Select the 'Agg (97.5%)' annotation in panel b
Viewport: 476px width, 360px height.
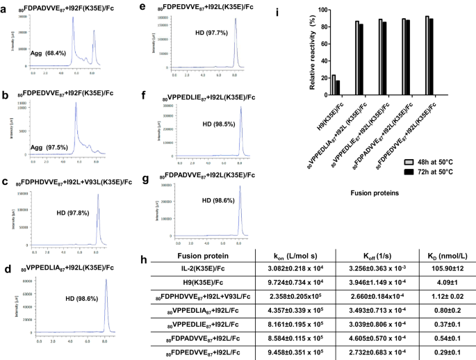click(x=33, y=129)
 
